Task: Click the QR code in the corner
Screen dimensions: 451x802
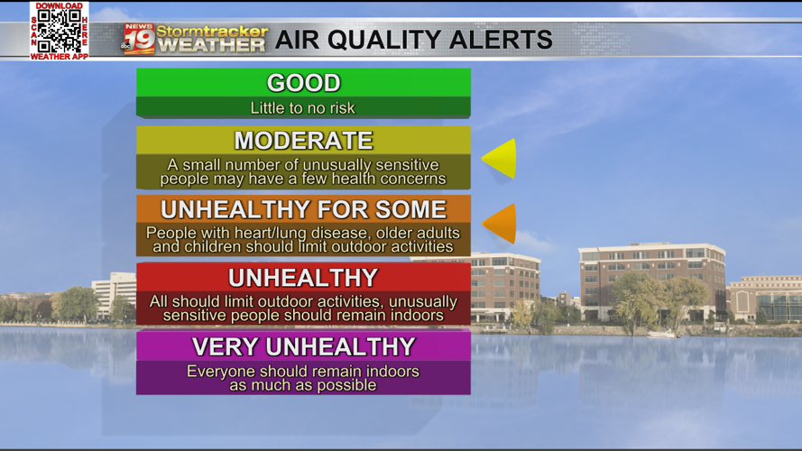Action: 59,31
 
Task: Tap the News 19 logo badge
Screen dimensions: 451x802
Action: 138,39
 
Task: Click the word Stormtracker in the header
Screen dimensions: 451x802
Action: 212,32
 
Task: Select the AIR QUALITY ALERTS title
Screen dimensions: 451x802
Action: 413,40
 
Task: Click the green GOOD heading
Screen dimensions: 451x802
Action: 303,83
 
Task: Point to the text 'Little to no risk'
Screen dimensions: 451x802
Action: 303,108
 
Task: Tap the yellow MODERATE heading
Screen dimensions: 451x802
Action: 303,141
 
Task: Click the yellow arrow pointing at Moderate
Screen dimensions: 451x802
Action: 500,159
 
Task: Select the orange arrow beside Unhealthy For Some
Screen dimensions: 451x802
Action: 501,223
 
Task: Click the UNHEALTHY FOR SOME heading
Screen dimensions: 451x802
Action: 303,209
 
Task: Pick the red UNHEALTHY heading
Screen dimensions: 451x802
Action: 303,278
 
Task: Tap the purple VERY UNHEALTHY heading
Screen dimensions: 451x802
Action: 303,346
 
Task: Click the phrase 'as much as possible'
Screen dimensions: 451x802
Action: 303,385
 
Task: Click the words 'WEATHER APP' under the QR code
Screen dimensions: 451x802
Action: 59,57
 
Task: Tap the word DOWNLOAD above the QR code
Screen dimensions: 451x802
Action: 59,5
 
